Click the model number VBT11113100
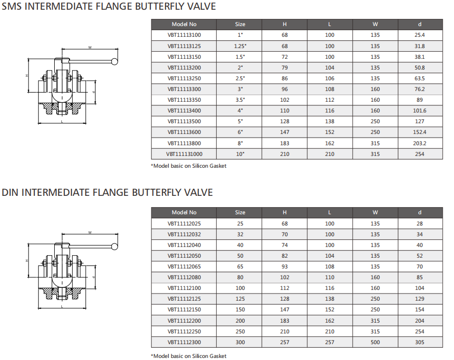tap(184, 35)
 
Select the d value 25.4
tap(420, 35)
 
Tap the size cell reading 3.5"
tap(240, 100)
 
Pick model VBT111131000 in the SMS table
tap(184, 154)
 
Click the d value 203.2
tap(420, 143)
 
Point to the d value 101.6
tap(420, 110)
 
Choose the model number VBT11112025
tap(184, 223)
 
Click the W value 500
tap(375, 342)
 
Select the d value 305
tap(420, 342)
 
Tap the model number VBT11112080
tap(184, 278)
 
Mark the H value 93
tap(285, 266)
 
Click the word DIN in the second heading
tap(10, 193)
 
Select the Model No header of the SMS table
tap(184, 24)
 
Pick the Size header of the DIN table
tap(240, 212)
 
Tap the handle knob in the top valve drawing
tap(115, 62)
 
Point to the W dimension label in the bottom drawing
tap(89, 233)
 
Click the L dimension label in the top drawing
tap(61, 123)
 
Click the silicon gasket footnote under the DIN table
tap(189, 356)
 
